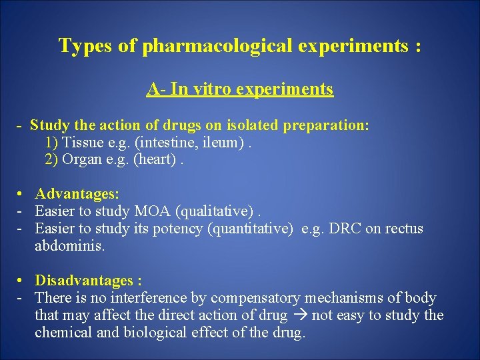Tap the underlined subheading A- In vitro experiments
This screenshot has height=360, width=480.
pos(240,89)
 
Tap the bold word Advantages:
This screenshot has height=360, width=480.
pos(77,194)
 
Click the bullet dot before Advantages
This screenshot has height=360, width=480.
pos(22,194)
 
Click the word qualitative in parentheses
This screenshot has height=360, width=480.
pos(215,211)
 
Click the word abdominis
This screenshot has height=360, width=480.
pos(69,245)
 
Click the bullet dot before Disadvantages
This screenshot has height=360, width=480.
pos(22,281)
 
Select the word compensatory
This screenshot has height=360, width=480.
pos(255,298)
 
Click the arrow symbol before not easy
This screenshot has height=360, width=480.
pos(300,315)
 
